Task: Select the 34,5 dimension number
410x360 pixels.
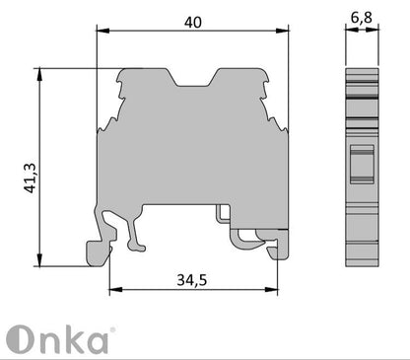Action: (193, 280)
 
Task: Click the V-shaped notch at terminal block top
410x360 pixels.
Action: (195, 77)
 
